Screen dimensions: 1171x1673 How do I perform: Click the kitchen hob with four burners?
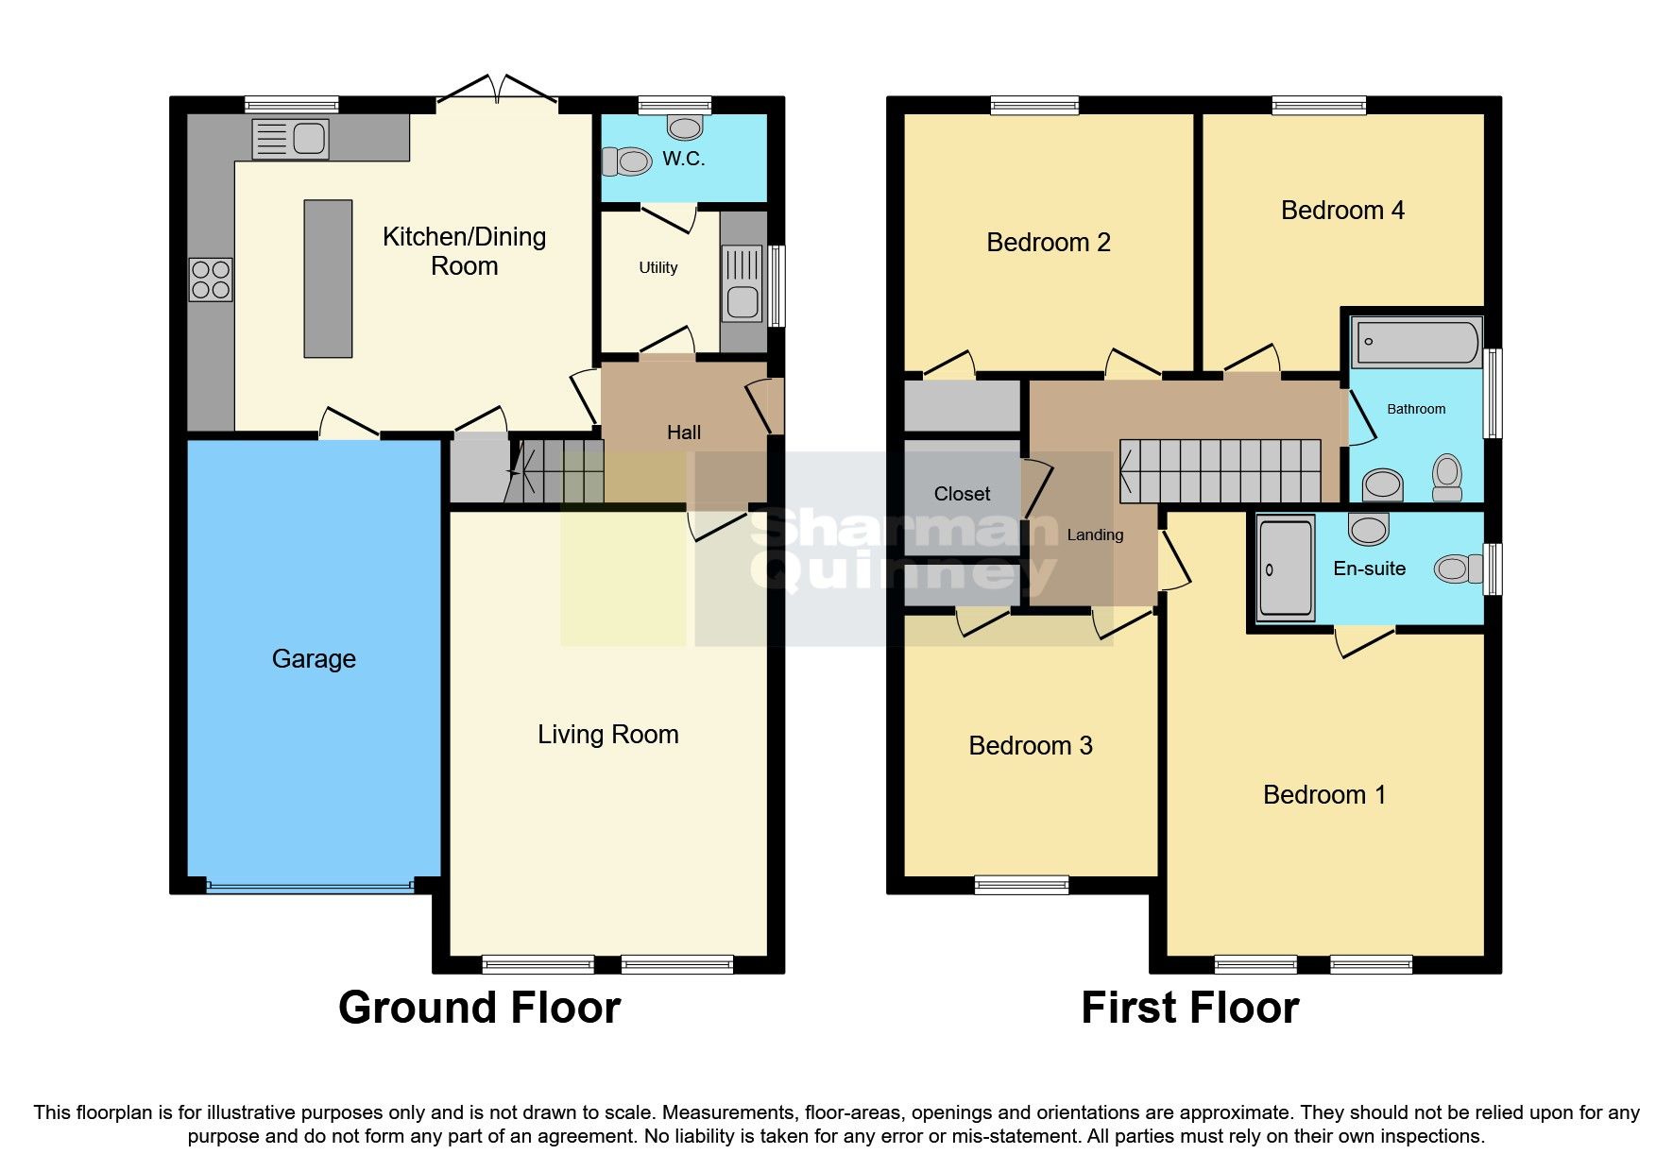coord(211,280)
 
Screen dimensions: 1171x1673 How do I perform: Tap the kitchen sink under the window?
coord(291,139)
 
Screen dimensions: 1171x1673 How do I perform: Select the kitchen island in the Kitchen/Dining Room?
coord(328,279)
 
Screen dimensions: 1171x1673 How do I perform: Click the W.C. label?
coord(683,159)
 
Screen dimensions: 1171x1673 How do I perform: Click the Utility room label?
coord(657,268)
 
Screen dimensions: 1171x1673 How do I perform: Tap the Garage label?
coord(314,659)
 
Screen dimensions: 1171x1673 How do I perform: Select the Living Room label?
coord(607,735)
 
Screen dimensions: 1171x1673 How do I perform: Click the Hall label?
coord(683,433)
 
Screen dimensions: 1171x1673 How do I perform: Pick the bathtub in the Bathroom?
coord(1416,343)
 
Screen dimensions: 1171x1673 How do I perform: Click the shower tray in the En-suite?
coord(1285,569)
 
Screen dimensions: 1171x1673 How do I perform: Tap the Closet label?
coord(962,494)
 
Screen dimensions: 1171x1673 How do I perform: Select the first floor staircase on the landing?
coord(1221,471)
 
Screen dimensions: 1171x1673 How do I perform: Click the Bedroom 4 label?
coord(1341,211)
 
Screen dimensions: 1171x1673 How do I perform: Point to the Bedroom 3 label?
coord(1030,746)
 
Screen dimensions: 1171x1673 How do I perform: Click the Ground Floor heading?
coord(479,1009)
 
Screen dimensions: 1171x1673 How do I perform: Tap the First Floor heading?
coord(1189,1009)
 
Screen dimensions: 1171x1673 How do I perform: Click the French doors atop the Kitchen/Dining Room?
coord(498,91)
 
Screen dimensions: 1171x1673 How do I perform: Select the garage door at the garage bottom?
coord(310,887)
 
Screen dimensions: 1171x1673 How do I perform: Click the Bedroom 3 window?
coord(1021,885)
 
